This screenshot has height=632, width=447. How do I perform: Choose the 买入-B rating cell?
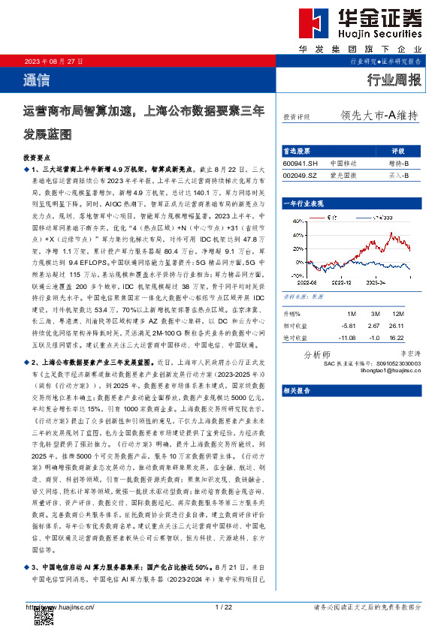coord(398,175)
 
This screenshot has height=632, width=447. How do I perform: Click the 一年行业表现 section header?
coord(304,203)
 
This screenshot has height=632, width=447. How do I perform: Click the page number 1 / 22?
coord(223,606)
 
